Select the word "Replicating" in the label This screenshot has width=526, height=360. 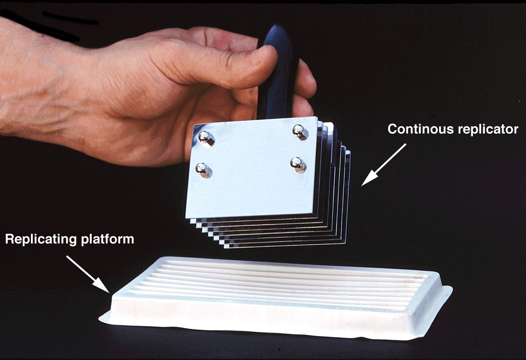[x=41, y=240]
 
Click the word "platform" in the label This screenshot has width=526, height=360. [x=108, y=240]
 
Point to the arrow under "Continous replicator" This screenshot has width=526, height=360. [x=384, y=165]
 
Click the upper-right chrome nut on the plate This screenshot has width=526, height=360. [x=301, y=132]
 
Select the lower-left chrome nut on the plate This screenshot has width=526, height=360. [x=204, y=170]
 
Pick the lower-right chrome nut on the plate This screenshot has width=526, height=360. [x=298, y=165]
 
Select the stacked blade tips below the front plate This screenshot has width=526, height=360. [x=270, y=232]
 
